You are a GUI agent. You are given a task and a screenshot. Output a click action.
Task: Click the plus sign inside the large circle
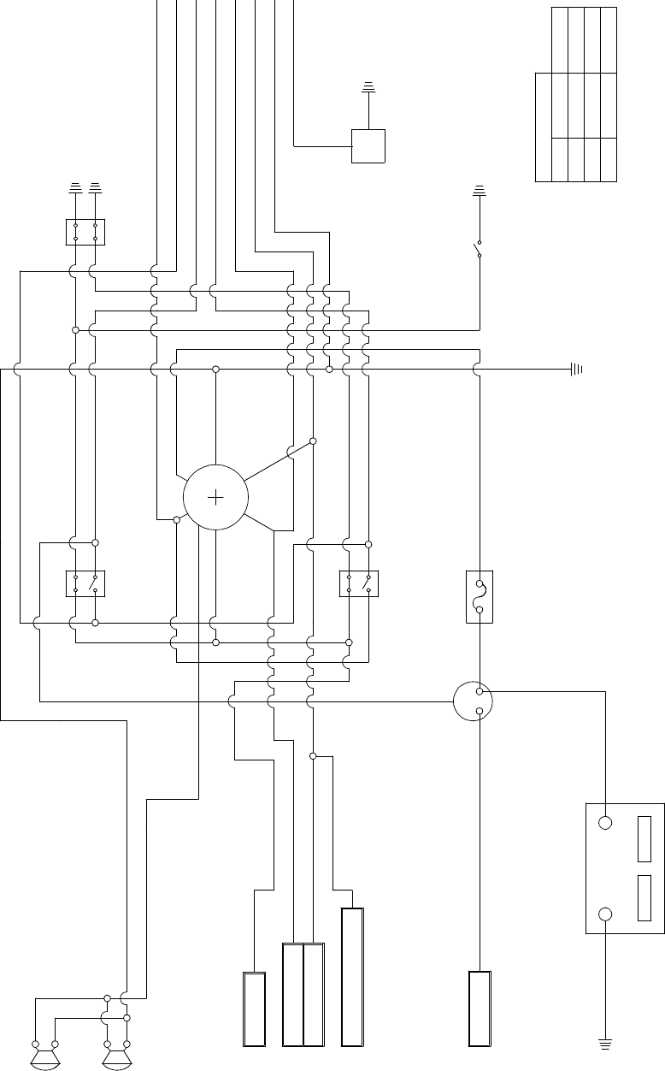(x=216, y=497)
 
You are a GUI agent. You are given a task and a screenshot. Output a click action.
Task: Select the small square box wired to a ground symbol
(x=368, y=145)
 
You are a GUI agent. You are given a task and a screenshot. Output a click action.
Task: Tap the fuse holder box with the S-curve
(x=480, y=596)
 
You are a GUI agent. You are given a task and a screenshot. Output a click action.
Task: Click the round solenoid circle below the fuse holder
(x=474, y=701)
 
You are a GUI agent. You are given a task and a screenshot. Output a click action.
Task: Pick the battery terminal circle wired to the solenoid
(x=605, y=823)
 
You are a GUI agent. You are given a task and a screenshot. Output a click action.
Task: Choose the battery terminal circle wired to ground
(x=605, y=914)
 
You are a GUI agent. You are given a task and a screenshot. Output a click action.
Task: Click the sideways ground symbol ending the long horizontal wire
(x=576, y=370)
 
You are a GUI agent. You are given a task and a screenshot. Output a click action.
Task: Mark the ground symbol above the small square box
(x=368, y=86)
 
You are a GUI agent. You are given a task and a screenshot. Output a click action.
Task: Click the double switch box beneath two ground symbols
(x=85, y=232)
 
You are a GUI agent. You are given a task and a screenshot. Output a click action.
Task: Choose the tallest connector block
(x=352, y=977)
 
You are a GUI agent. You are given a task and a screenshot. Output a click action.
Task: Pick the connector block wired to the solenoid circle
(x=480, y=1009)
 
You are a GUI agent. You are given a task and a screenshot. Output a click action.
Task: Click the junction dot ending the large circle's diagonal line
(x=313, y=441)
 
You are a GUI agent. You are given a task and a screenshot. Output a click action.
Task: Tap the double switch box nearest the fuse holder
(x=359, y=583)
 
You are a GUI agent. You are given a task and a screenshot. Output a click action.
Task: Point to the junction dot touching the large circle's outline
(x=177, y=519)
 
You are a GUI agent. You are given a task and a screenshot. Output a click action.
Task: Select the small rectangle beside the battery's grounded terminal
(x=644, y=898)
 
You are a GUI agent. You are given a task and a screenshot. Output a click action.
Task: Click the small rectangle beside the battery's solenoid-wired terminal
(x=644, y=839)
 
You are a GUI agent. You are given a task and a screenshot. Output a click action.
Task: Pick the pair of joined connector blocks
(x=303, y=995)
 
